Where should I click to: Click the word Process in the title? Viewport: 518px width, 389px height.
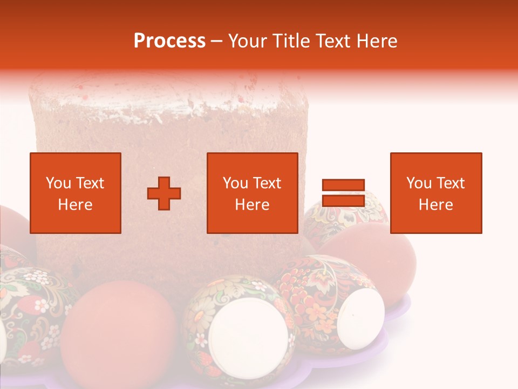(x=169, y=41)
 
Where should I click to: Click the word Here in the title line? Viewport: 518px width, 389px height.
(x=378, y=41)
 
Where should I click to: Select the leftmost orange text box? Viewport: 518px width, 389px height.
(x=76, y=193)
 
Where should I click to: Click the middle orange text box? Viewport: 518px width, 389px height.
(x=253, y=193)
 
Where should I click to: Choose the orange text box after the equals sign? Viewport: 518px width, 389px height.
(x=436, y=193)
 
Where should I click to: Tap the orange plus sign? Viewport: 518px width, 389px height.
(x=164, y=193)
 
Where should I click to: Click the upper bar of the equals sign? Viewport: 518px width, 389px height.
(x=343, y=185)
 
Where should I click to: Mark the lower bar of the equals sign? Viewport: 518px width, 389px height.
(x=343, y=201)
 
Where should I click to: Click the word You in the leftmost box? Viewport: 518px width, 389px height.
(x=58, y=183)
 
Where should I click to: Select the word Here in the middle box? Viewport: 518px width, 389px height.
(x=253, y=205)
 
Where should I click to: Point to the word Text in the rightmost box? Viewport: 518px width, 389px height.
(x=450, y=183)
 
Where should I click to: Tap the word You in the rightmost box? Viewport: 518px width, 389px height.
(x=419, y=183)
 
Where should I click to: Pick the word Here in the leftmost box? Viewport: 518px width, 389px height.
(x=76, y=205)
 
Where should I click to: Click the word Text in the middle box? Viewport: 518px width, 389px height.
(x=267, y=183)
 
